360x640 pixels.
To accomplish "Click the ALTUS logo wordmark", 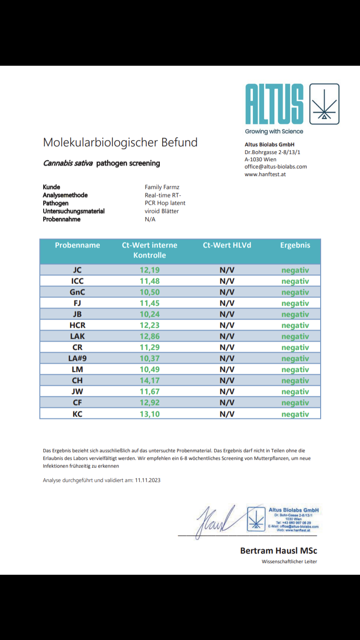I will [x=274, y=105].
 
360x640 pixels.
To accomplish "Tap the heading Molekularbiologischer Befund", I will [x=120, y=142].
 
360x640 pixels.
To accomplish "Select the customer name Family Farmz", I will [x=163, y=187].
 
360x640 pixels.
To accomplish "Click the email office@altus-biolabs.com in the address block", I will [x=276, y=166].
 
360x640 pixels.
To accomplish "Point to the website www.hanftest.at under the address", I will [x=265, y=174].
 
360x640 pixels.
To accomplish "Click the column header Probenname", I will [x=77, y=245].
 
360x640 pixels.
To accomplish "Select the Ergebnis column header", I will [x=295, y=245].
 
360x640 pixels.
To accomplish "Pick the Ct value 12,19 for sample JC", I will [x=149, y=270].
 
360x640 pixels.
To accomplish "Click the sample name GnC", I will [x=77, y=292].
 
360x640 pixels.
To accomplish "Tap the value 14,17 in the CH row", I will [x=149, y=380].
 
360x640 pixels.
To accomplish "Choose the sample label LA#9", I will [x=77, y=358].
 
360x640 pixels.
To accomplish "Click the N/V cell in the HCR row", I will [x=227, y=325].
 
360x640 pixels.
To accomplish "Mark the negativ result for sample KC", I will [x=295, y=414].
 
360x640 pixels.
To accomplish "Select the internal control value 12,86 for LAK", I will [x=149, y=336].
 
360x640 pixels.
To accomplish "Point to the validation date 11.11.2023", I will [x=148, y=480].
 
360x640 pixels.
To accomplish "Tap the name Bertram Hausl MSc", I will [x=278, y=551].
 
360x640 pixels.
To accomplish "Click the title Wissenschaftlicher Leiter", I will [x=289, y=561].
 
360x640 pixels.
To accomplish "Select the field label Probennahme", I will [x=61, y=219].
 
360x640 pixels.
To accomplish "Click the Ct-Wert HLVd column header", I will [x=227, y=245].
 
